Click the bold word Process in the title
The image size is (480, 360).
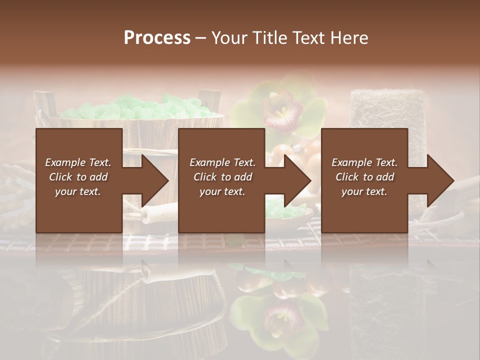(x=157, y=38)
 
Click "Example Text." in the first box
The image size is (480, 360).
(x=78, y=162)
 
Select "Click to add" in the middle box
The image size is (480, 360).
(x=222, y=177)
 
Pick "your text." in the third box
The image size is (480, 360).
(x=364, y=191)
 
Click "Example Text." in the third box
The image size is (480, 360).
(x=364, y=162)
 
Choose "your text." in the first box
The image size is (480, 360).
(x=78, y=191)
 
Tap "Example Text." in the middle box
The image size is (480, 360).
(x=222, y=162)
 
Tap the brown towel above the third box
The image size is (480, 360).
(x=380, y=107)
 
